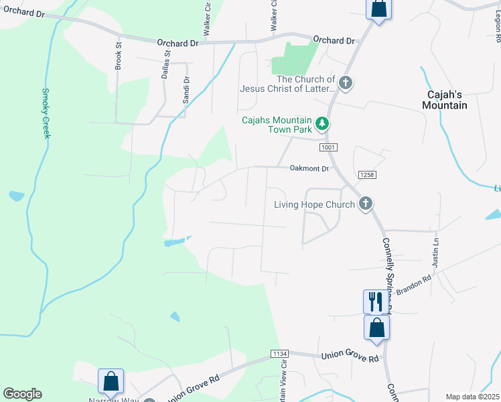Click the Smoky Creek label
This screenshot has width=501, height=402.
46,113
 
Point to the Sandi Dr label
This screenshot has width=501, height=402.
186,89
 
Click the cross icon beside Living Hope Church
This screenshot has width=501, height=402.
365,204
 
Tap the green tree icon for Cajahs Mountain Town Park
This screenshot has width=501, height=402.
322,123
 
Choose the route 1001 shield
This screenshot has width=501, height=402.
328,147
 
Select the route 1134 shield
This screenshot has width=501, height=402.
280,353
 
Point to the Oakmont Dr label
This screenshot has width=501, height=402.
309,168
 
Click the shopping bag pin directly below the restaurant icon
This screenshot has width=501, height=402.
377,328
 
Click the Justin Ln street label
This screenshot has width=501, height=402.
435,250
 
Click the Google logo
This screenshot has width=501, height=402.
22,394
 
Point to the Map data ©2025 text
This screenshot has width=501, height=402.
472,397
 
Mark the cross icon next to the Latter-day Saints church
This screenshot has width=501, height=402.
346,83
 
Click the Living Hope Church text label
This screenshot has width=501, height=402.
313,204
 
